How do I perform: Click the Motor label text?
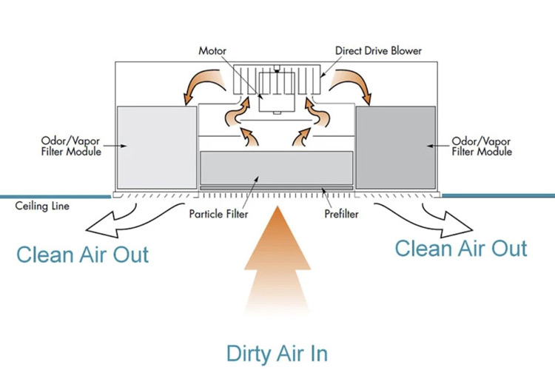212,51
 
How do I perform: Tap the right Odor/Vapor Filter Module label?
482,145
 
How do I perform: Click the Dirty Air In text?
277,351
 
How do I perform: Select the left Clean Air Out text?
82,255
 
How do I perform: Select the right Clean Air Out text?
461,248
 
